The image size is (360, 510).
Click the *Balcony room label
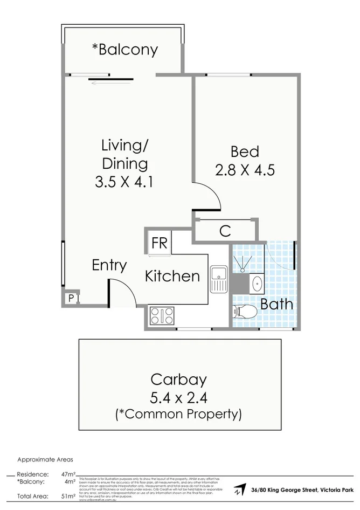point(124,50)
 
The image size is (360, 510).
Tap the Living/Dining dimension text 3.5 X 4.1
point(124,182)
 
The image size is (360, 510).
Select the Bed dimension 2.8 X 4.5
point(245,170)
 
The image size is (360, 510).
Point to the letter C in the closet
point(225,231)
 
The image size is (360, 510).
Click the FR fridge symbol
point(159,243)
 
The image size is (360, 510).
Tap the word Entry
point(109,265)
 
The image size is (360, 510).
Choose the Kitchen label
point(172,276)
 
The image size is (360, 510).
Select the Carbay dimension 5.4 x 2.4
point(178,398)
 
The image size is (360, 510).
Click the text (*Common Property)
point(178,414)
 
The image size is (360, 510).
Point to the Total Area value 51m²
point(67,496)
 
